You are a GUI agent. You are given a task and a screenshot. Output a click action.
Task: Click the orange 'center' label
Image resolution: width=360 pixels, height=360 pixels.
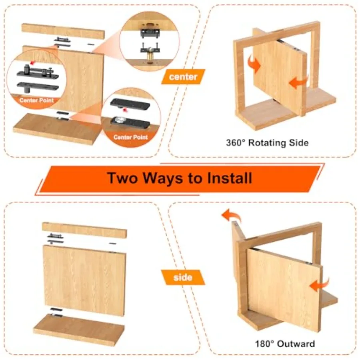pyautogui.click(x=183, y=77)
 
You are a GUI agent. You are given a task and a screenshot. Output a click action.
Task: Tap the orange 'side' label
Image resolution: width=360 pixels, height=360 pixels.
pyautogui.click(x=183, y=277)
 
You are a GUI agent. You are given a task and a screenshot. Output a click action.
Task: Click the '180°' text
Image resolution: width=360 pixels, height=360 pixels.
pyautogui.click(x=265, y=344)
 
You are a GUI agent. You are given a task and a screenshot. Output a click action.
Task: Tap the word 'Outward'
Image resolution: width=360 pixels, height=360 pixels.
pyautogui.click(x=296, y=344)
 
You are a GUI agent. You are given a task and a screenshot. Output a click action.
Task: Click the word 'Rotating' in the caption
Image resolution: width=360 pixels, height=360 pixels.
pyautogui.click(x=267, y=143)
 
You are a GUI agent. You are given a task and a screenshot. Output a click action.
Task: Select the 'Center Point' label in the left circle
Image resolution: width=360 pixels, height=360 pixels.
pyautogui.click(x=36, y=100)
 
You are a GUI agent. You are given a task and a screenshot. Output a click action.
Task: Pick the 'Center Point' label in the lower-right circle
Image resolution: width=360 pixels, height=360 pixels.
pyautogui.click(x=131, y=137)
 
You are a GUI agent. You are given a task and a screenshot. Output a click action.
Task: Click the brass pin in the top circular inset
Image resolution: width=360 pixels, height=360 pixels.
pyautogui.click(x=150, y=55)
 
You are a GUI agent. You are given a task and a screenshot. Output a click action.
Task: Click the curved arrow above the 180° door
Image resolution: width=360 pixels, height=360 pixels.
pyautogui.click(x=232, y=215)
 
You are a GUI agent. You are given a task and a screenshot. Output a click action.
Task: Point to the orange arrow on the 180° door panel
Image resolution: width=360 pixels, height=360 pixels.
pyautogui.click(x=319, y=285)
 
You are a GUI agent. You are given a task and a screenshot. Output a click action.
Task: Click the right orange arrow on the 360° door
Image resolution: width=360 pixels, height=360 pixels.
pyautogui.click(x=298, y=82)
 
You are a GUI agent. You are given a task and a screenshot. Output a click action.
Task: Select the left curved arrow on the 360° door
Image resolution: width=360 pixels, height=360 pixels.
pyautogui.click(x=254, y=64)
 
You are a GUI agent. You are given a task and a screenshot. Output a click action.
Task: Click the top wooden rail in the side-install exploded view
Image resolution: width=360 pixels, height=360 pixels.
pyautogui.click(x=84, y=230)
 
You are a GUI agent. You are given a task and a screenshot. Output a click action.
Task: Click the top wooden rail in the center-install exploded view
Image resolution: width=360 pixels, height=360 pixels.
pyautogui.click(x=63, y=30)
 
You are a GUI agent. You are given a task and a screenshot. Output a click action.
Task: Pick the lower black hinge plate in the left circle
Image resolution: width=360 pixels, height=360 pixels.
pyautogui.click(x=38, y=86)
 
